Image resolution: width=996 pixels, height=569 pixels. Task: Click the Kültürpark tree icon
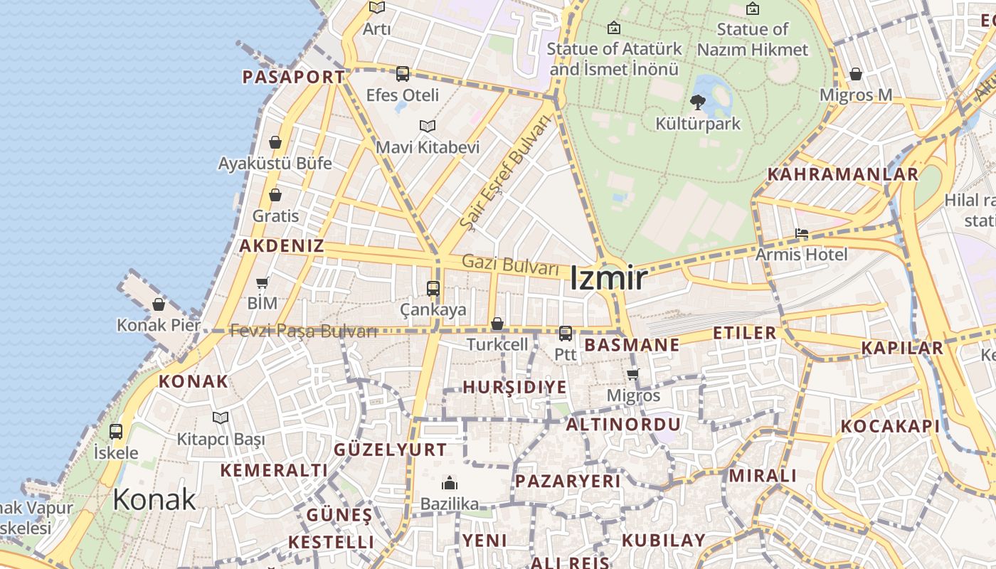point(698,102)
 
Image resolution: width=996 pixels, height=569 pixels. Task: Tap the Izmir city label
point(608,278)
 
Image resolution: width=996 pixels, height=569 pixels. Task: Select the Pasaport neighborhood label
point(293,77)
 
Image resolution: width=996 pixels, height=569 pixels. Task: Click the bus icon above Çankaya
point(433,289)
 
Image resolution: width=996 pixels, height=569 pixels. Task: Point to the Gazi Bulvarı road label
point(510,265)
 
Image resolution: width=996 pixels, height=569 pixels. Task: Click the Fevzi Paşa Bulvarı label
point(304,331)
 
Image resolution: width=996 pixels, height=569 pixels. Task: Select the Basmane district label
point(632,346)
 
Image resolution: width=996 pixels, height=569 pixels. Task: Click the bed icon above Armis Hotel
point(802,234)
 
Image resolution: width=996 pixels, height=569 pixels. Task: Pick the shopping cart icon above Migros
point(633,374)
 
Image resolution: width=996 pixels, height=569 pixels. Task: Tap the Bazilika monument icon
point(450,484)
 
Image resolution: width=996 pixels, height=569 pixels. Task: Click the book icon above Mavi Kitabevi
point(427,127)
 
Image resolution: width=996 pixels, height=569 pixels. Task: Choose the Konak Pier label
point(159,325)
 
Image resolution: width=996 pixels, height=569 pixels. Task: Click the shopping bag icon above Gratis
point(275,195)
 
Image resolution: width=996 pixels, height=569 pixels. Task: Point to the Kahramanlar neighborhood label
point(842,174)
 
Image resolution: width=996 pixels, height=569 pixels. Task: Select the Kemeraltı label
point(274,470)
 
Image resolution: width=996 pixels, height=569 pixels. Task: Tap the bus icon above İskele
point(116,432)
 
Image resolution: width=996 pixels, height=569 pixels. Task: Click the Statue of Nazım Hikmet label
point(753,39)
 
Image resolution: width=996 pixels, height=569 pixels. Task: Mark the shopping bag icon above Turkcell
point(497,324)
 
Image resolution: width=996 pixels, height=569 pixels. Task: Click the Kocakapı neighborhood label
point(890,426)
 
